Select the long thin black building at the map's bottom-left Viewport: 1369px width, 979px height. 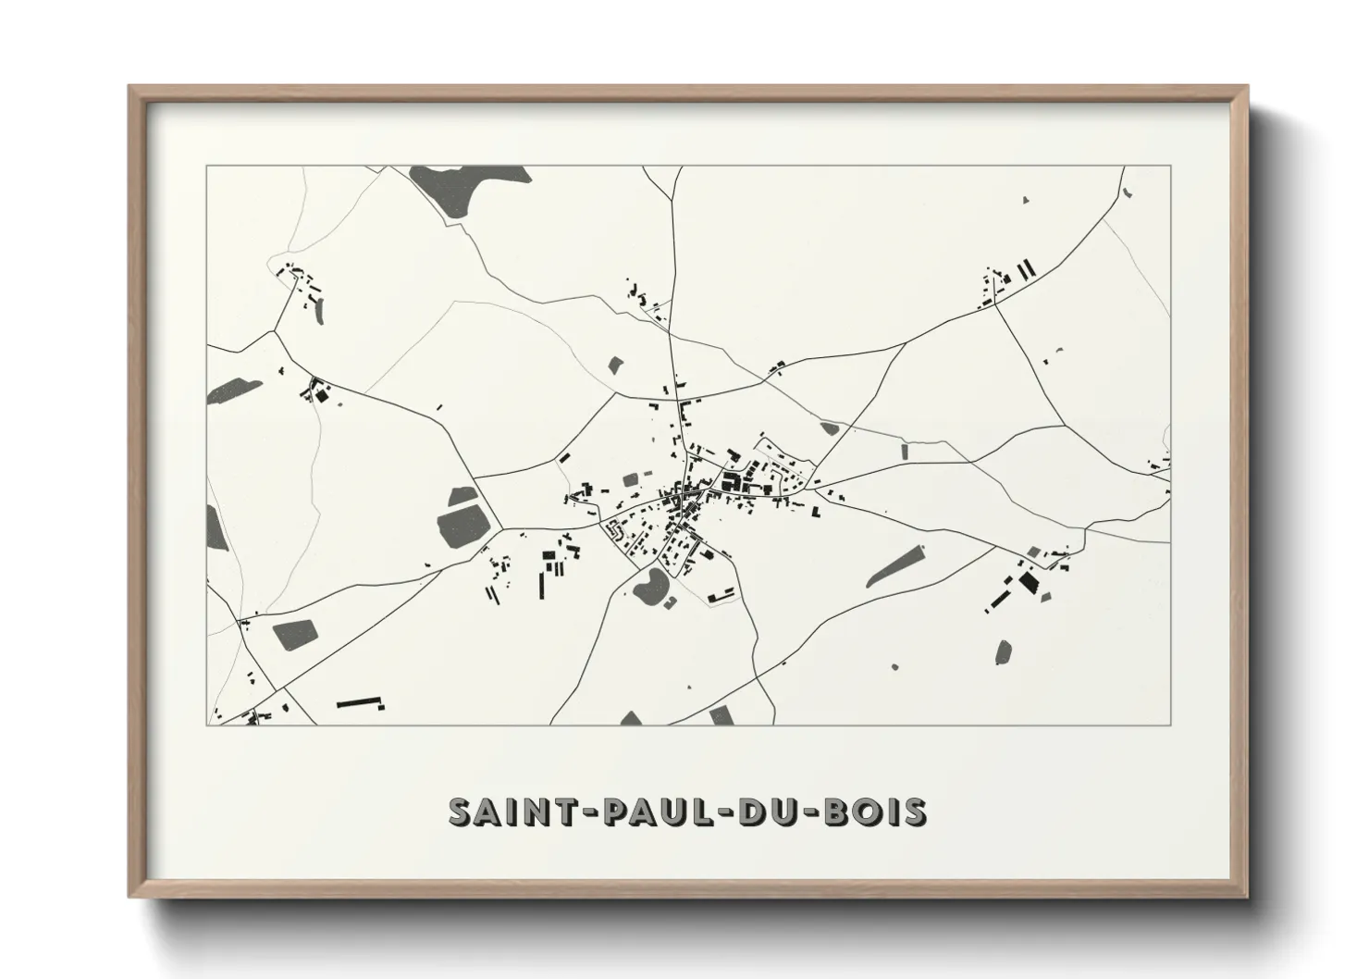click(359, 703)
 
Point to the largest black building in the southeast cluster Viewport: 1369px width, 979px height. click(1029, 582)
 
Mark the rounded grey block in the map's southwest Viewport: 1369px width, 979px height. click(294, 633)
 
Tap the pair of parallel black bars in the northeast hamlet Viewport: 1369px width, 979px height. click(1026, 269)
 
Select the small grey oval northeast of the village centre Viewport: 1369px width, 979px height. click(828, 428)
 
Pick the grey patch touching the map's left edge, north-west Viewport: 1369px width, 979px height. click(227, 391)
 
